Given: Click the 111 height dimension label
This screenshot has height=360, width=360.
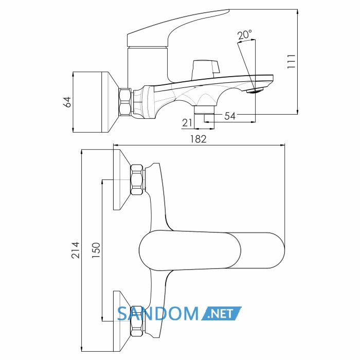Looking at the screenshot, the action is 291,61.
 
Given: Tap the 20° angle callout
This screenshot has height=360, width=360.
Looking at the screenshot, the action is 244,35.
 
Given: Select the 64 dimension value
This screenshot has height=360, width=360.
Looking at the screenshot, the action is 67,102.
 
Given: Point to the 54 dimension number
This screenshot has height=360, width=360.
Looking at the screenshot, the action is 230,116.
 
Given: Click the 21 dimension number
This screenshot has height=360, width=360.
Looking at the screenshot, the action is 187,123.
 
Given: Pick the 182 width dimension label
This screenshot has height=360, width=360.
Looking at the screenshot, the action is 199,139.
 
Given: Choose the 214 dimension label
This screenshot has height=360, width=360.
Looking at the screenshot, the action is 76,250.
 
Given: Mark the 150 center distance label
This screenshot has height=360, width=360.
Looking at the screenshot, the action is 96,250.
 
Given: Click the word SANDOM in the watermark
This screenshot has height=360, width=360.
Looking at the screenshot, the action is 158,314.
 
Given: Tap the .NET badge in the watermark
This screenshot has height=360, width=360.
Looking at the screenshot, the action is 221,313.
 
